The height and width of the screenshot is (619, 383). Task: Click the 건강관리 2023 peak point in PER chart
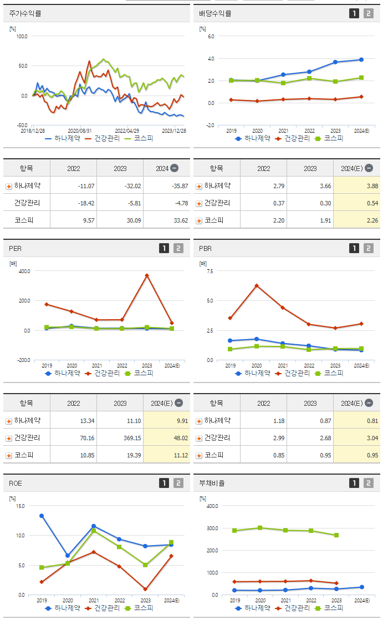[x=147, y=275]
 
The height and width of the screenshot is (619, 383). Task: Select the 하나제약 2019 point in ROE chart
[x=42, y=516]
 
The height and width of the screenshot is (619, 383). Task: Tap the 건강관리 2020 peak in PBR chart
[x=257, y=285]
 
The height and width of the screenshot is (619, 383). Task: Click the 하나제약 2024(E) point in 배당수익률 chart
[x=361, y=59]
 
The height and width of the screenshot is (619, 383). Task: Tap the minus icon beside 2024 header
[x=174, y=168]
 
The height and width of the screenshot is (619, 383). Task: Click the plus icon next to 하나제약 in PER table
[x=8, y=421]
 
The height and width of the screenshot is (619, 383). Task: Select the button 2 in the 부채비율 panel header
[x=369, y=483]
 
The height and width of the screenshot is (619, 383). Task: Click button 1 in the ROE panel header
[x=164, y=483]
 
